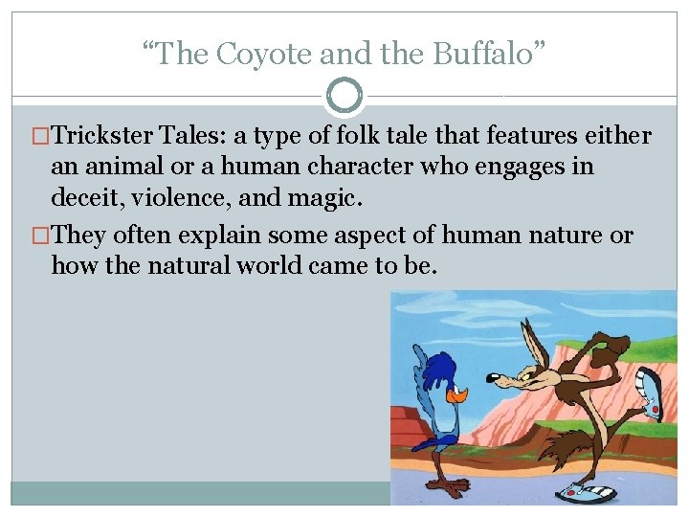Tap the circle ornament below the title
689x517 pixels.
pos(344,97)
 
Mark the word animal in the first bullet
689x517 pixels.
pos(115,168)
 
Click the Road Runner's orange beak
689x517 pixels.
pos(459,394)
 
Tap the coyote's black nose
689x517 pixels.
pos(499,379)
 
